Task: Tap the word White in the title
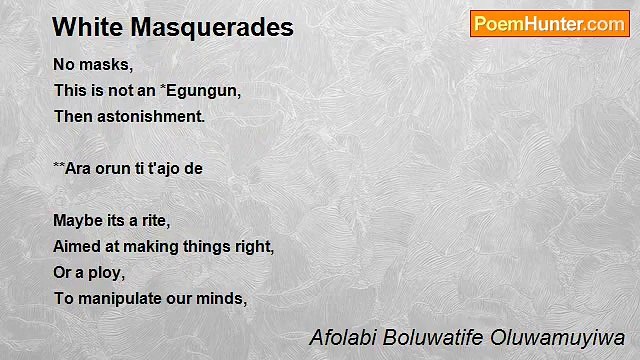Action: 81,27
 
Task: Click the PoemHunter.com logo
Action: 549,24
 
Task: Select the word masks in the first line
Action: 106,65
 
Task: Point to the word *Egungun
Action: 200,91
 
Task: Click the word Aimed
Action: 75,245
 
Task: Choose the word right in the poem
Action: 254,245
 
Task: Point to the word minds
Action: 223,297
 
